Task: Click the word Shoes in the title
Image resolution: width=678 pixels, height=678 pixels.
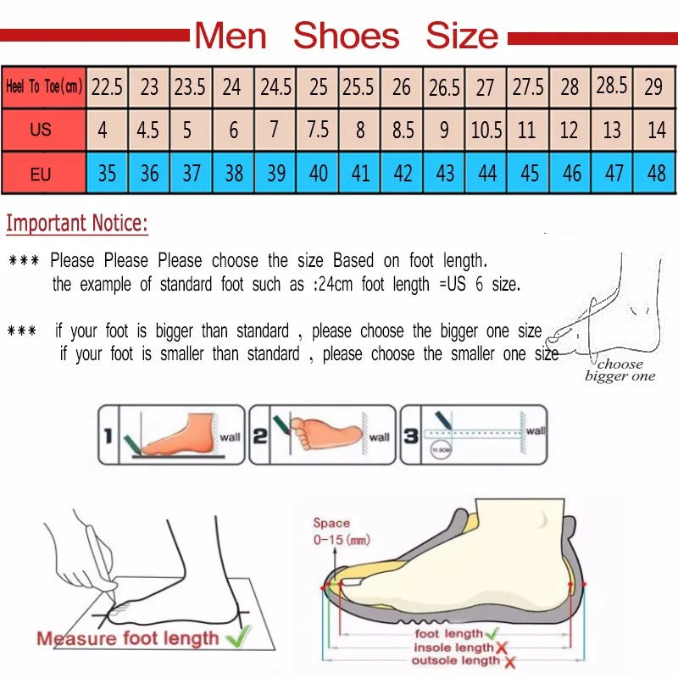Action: pos(346,36)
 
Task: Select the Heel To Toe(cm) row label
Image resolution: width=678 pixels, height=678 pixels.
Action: pos(44,86)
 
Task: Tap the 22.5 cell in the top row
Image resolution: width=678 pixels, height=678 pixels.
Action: pos(108,86)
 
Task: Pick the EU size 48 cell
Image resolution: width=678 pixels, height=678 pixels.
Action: pos(656,174)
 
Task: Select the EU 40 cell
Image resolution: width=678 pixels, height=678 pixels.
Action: pos(319,174)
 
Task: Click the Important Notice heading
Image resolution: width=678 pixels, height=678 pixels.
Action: pos(77,224)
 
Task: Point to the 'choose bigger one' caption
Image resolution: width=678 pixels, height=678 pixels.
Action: pos(620,370)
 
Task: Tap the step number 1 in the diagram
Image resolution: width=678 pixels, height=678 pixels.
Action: pos(108,436)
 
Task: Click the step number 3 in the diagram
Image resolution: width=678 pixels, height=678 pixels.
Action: pos(410,436)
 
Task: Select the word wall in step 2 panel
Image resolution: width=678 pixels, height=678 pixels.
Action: pos(380,437)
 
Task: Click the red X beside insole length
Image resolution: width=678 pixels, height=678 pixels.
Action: pos(503,647)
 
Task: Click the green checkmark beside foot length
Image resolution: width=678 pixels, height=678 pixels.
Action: pos(491,632)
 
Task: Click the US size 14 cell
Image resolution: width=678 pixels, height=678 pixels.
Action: pos(656,131)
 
